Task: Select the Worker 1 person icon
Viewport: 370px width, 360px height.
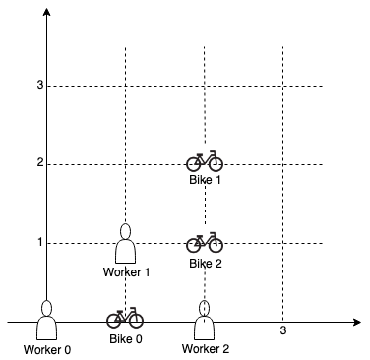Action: (x=125, y=243)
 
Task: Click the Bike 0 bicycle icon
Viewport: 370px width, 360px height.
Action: (x=125, y=319)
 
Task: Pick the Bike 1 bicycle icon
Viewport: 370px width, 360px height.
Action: (x=205, y=160)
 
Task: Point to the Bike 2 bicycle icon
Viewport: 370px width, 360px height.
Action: (x=205, y=241)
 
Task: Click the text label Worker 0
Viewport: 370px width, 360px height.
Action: (x=46, y=349)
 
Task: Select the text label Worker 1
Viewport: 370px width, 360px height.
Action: (x=125, y=271)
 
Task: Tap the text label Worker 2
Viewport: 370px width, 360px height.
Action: (x=205, y=349)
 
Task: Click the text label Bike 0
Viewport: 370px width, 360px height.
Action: (x=125, y=339)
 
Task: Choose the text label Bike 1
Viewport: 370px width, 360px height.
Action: (x=205, y=180)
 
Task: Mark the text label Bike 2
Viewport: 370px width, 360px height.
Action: (x=205, y=263)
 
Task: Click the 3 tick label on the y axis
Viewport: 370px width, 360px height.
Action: (x=39, y=86)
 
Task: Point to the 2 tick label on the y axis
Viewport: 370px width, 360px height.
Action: (x=39, y=163)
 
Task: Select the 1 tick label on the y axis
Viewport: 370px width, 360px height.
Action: (x=39, y=242)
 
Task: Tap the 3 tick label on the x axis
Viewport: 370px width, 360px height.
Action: (x=283, y=331)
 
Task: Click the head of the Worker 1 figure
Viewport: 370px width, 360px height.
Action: (x=125, y=232)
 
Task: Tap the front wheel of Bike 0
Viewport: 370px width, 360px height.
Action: (x=135, y=321)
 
